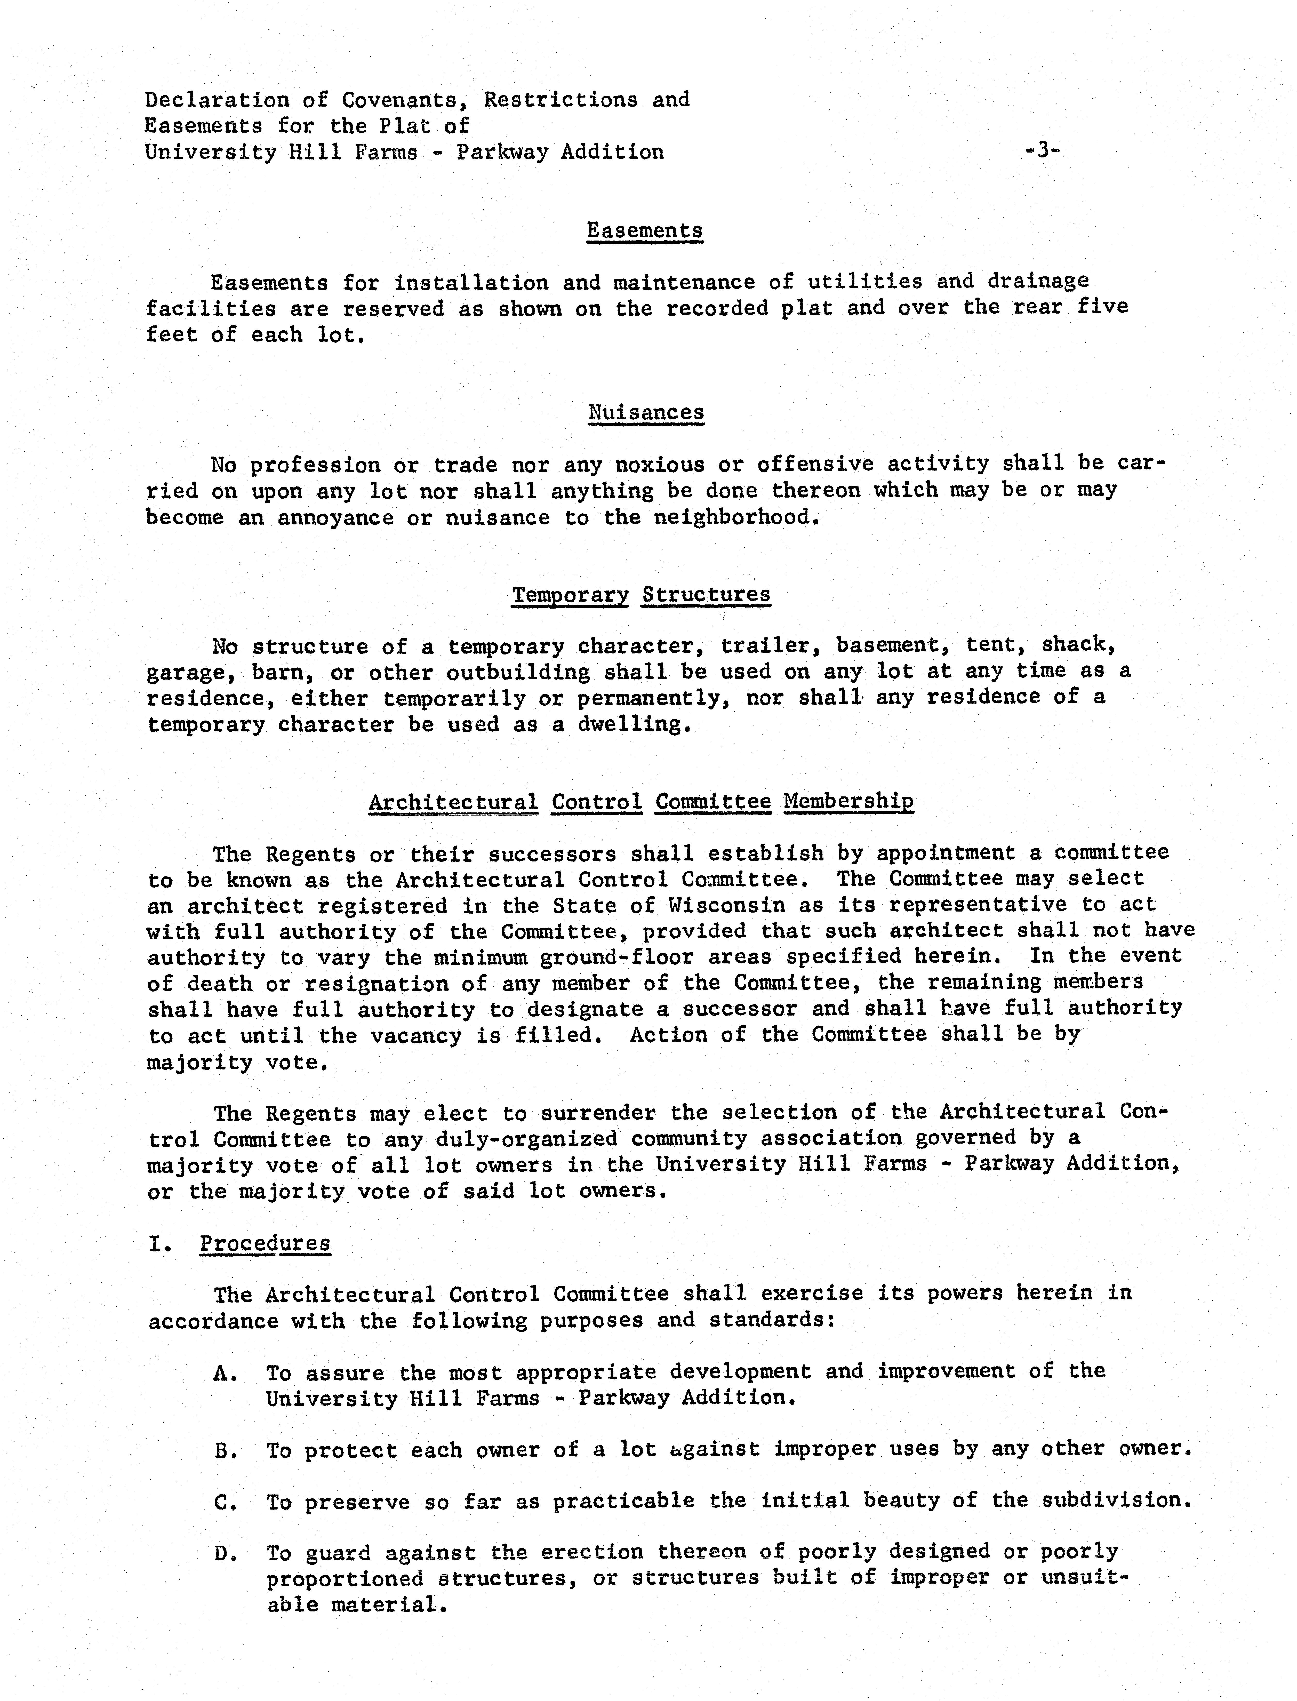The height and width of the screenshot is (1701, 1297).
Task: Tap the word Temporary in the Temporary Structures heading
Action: click(571, 595)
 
